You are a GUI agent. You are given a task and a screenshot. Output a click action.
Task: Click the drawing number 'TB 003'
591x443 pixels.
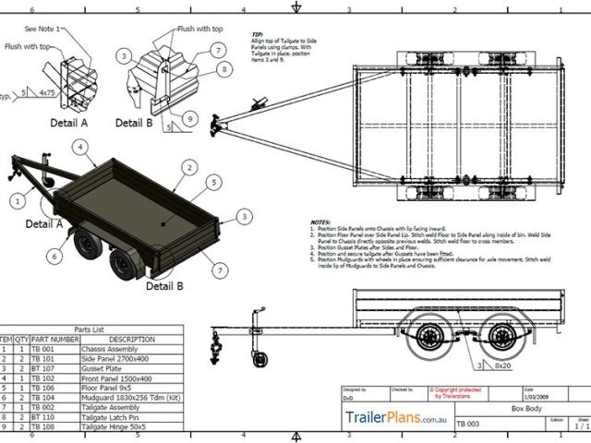pos(468,425)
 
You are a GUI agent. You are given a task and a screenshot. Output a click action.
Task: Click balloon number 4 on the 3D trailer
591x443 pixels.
pos(81,146)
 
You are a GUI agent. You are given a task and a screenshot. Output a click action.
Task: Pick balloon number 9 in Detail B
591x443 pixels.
pos(187,117)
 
